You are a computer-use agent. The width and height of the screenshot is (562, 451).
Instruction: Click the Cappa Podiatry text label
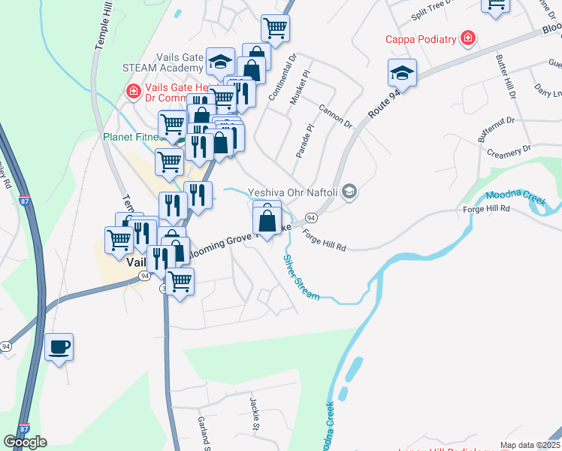pos(420,39)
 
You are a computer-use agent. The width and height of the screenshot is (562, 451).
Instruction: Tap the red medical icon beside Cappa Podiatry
pos(468,38)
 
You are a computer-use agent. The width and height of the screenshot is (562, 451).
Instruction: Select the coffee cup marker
pos(59,347)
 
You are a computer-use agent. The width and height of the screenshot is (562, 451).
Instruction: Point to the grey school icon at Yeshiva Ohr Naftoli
pos(349,192)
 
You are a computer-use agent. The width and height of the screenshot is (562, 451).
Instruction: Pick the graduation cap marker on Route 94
pos(402,74)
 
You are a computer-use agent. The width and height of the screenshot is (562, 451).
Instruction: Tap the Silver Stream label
pos(301,278)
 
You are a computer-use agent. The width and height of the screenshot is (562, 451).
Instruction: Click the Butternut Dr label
pos(496,129)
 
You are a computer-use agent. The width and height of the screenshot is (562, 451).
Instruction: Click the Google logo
pos(26,442)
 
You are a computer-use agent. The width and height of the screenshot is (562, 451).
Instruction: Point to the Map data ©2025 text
pos(530,445)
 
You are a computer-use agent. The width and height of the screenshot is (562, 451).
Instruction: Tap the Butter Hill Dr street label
pos(504,76)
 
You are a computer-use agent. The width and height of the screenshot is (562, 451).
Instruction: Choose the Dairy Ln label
pos(547,89)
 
